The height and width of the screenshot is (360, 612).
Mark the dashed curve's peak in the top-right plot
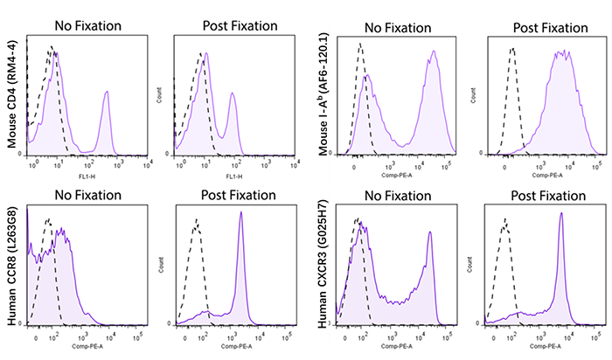tap(512, 50)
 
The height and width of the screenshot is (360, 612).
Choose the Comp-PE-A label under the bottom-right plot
tap(544, 346)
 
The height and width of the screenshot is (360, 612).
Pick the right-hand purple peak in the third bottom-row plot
tap(429, 233)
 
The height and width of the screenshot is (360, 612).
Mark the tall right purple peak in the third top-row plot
tap(432, 53)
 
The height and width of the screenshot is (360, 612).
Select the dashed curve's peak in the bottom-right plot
tap(505, 221)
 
